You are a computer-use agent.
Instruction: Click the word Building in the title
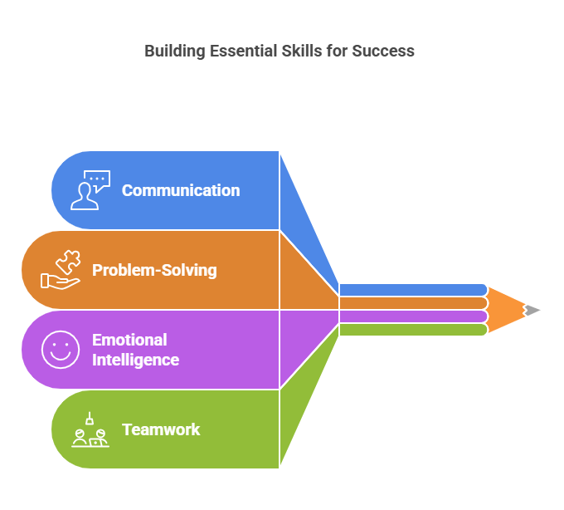(x=175, y=51)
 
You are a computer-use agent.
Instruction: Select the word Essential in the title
(x=244, y=51)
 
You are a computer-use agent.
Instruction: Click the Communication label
(x=181, y=190)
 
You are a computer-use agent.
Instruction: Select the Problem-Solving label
(x=154, y=270)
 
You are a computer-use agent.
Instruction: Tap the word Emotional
(x=129, y=340)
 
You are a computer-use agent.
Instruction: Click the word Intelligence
(x=135, y=360)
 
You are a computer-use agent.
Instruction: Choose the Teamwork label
(x=161, y=429)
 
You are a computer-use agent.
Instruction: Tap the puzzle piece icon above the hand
(x=68, y=262)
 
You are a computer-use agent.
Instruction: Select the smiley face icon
(x=61, y=350)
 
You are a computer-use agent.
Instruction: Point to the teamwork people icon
(x=90, y=429)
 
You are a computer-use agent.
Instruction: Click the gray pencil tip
(x=532, y=310)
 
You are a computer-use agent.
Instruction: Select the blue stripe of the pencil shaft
(x=414, y=290)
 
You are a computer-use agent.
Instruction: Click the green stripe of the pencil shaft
(x=414, y=330)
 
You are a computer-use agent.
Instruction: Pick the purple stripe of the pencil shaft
(x=414, y=316)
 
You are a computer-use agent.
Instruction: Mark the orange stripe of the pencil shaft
(x=414, y=303)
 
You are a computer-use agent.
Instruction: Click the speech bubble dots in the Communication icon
(x=97, y=179)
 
